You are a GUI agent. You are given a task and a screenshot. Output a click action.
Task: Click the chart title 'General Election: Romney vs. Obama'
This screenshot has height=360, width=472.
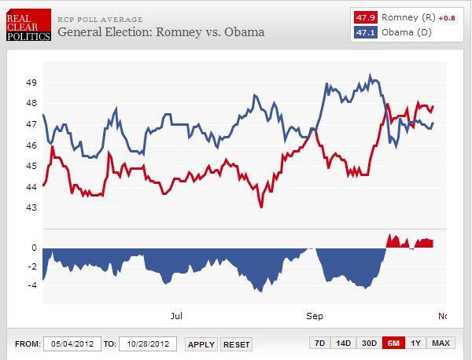[x=161, y=32]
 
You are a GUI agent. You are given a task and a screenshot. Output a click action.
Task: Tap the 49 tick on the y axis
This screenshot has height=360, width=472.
[x=31, y=83]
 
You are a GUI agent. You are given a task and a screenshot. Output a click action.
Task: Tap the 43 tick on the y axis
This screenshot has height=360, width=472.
[x=31, y=208]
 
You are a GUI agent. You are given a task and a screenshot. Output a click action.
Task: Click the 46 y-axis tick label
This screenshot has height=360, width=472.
[x=31, y=145]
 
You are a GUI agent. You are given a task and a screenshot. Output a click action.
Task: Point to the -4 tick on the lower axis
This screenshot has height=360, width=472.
[x=33, y=285]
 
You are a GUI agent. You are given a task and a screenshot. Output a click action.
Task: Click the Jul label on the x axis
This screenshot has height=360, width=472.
[x=177, y=316]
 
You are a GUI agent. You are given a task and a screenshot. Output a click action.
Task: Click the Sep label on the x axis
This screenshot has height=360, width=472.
[x=315, y=316]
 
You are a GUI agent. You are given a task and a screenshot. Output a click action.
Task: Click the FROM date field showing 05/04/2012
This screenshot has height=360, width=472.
[x=72, y=344]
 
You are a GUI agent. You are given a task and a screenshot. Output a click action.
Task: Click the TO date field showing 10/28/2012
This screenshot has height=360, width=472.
[x=148, y=344]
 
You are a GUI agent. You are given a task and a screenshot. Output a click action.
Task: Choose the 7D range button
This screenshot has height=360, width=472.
[x=319, y=343]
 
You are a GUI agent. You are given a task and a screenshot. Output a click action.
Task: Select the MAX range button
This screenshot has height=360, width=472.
[x=441, y=343]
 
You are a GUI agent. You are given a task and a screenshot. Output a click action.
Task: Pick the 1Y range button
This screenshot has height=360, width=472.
[x=415, y=343]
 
